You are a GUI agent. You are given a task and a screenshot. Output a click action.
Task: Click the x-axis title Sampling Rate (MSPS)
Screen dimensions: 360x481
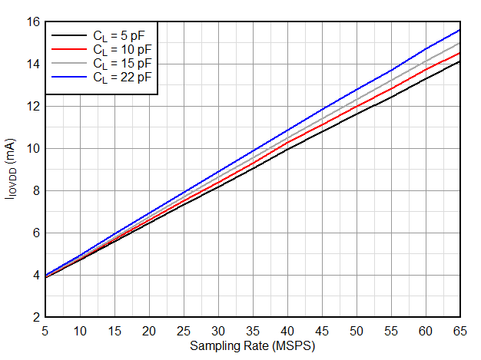[253, 346]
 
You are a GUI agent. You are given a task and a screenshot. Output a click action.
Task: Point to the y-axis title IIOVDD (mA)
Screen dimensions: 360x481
[11, 170]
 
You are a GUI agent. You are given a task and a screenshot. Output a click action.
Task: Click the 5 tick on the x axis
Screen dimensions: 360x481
[46, 330]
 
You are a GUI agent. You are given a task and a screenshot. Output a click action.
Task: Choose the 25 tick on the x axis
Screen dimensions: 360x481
[184, 330]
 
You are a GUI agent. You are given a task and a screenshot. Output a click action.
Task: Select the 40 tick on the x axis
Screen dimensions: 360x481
[287, 330]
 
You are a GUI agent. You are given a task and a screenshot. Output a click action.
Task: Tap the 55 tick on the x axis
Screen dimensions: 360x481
[390, 330]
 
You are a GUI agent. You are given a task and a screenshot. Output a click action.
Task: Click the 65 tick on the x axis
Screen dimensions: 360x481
[459, 330]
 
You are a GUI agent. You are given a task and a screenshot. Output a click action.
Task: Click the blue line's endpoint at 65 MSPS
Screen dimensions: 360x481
[459, 30]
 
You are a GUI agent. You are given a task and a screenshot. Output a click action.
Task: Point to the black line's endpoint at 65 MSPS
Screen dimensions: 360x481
[459, 61]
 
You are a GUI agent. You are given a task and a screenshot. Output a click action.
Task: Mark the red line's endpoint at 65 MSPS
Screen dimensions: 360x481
[459, 53]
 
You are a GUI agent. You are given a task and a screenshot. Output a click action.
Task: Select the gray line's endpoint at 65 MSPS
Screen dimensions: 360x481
[459, 43]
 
